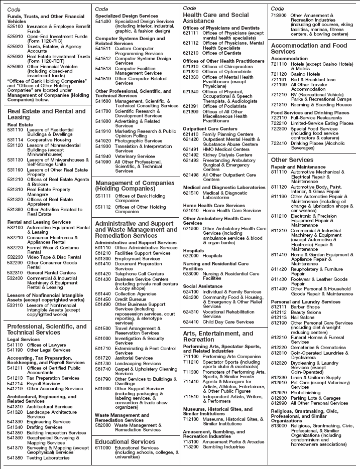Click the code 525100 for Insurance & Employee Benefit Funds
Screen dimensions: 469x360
(15, 26)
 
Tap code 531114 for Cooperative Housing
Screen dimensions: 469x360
(15, 140)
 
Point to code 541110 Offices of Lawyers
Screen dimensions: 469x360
(15, 345)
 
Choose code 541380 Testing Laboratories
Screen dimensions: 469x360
(15, 458)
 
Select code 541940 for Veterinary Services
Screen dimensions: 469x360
(103, 156)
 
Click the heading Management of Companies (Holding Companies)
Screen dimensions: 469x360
(135, 186)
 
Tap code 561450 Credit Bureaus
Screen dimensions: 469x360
(103, 299)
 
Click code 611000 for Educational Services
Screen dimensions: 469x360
(103, 448)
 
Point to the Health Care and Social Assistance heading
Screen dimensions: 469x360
(215, 18)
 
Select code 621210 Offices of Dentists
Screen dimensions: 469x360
(191, 53)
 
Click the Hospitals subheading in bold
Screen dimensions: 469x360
(193, 250)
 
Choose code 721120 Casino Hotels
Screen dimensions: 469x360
(279, 74)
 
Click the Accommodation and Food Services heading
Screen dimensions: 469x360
(309, 48)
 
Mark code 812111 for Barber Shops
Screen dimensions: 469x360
(279, 307)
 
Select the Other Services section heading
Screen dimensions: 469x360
(292, 160)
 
